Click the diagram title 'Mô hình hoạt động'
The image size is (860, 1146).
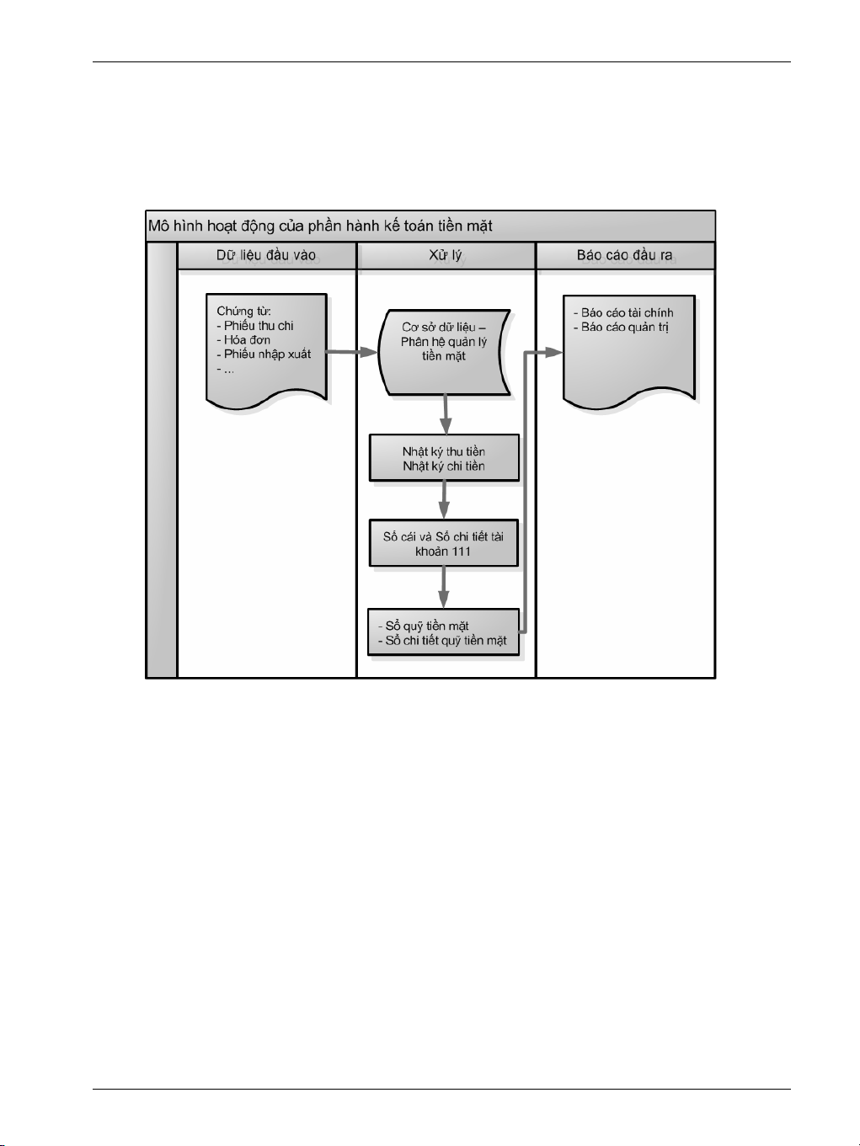320,226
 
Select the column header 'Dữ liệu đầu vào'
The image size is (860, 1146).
266,255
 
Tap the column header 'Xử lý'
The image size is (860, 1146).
446,255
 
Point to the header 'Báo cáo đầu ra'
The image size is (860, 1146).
624,255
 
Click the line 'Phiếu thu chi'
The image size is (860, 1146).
259,326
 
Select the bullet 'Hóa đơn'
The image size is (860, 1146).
247,340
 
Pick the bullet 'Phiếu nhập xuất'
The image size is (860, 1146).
267,354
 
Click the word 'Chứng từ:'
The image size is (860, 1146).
243,312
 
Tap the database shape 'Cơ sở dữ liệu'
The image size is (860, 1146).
444,352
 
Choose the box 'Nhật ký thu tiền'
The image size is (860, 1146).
444,452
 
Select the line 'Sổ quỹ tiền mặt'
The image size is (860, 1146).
426,626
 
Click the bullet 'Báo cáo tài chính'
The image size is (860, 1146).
627,312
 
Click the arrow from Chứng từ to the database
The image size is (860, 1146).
351,352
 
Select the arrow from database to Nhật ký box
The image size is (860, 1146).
445,414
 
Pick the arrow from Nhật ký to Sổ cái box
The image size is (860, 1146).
444,500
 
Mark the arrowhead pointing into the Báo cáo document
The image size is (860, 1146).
553,352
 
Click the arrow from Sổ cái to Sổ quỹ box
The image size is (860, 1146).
444,588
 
